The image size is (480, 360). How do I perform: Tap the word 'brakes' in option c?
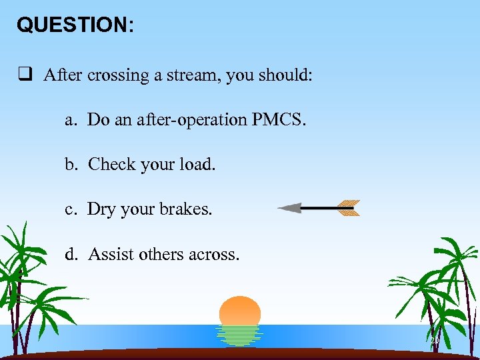[x=186, y=209]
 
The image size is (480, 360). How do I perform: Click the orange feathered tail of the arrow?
[x=347, y=208]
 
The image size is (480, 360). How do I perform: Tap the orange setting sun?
[x=240, y=311]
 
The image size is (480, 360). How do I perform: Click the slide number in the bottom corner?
[x=435, y=341]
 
